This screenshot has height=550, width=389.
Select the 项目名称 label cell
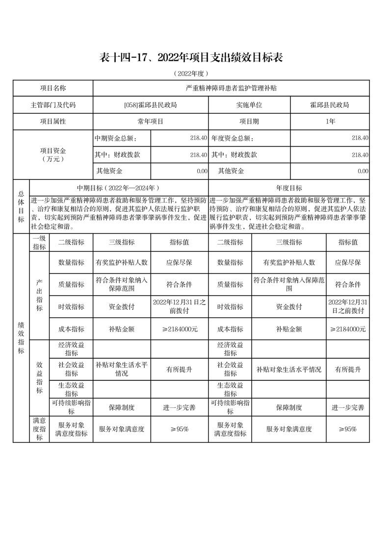52,88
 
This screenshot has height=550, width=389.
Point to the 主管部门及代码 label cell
52,105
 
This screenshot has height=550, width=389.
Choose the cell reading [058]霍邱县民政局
151,105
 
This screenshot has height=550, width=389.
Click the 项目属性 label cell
52,121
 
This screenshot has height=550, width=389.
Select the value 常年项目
151,121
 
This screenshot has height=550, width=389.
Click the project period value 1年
330,121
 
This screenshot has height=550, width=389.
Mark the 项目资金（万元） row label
52,154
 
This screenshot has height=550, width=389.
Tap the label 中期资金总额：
116,138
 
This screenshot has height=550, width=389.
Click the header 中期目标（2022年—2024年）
119,188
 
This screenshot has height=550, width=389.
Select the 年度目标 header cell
289,188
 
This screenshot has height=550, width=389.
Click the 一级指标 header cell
39,243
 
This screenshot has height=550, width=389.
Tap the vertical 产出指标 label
39,296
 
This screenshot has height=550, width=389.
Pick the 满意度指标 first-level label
39,429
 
